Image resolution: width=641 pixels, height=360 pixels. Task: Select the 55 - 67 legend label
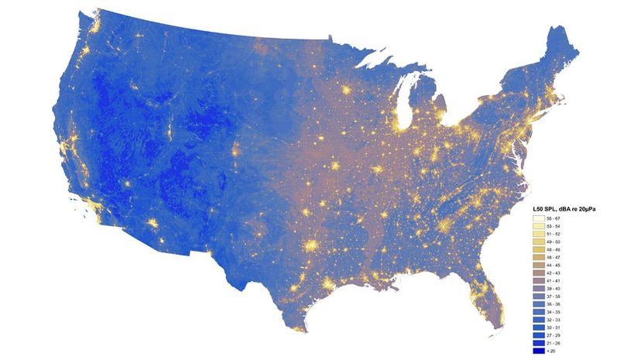(554, 219)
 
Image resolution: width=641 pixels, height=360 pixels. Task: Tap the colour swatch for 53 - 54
(538, 227)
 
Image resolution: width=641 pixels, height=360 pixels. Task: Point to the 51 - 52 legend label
(554, 235)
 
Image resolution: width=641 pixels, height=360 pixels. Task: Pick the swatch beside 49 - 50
(538, 242)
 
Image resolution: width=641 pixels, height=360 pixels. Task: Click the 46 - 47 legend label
(554, 258)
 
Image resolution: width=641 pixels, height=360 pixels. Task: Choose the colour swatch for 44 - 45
(538, 266)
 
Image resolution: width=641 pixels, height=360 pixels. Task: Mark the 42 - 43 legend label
(554, 273)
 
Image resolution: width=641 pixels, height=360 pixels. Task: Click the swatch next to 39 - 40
(538, 289)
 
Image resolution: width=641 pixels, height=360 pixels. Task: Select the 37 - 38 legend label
(554, 297)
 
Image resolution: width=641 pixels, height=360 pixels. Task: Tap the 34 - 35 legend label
(554, 312)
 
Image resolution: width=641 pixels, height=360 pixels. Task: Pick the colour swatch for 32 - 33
(538, 320)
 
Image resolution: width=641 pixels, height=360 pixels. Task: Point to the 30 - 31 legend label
(554, 327)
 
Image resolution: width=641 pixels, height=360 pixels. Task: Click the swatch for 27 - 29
(538, 335)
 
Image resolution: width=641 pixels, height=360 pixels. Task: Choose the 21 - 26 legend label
(554, 343)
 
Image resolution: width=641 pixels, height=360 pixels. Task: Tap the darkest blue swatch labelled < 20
(538, 351)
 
